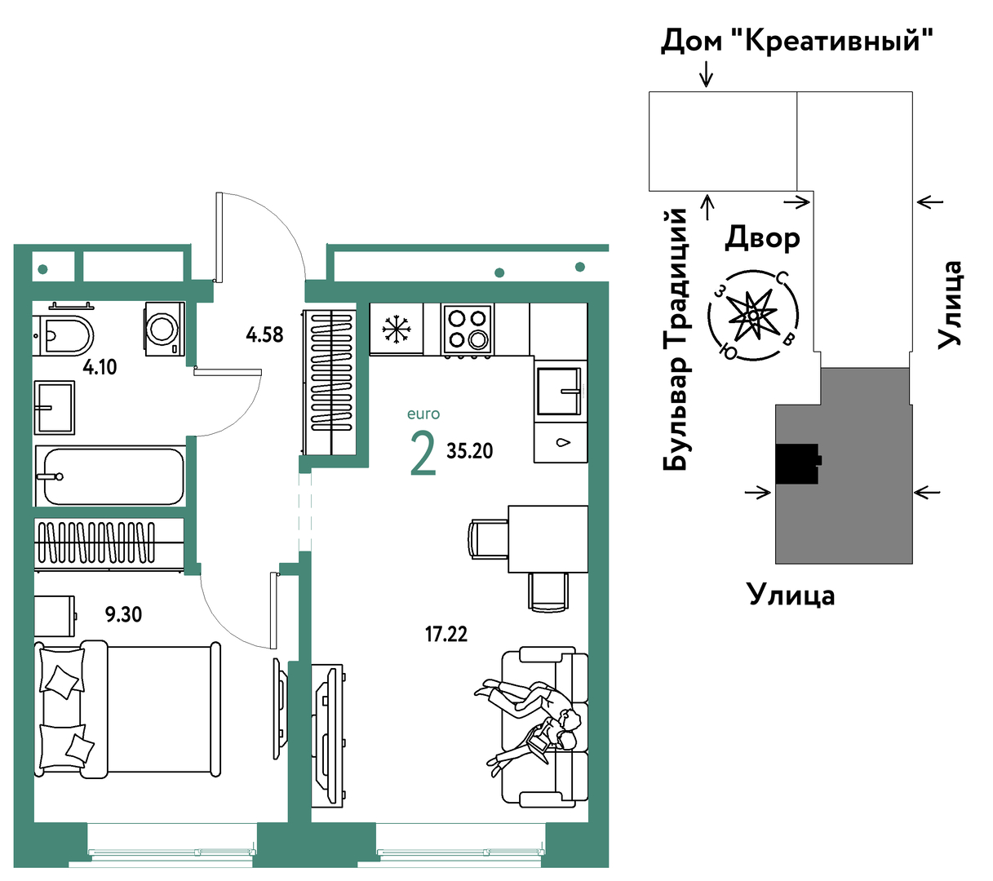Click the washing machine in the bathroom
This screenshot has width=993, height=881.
point(164,328)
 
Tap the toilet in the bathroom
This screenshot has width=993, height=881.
point(64,335)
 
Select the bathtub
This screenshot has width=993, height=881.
point(110,476)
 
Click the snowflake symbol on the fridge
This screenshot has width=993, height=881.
point(396,328)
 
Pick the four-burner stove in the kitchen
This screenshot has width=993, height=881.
point(467,329)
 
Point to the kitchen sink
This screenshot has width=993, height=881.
point(559,391)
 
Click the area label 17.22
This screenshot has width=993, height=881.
point(446,635)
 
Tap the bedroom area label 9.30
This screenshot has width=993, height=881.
point(123,614)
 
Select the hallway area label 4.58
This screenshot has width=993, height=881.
point(264,334)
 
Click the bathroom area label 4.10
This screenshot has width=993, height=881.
point(100,367)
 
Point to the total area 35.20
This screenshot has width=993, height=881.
point(469,451)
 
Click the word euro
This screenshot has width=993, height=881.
point(423,414)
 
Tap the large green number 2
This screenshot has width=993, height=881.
point(423,454)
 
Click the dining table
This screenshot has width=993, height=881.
point(547,539)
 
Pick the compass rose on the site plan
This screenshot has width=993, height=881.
point(753,316)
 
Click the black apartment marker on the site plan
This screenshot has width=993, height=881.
point(797,463)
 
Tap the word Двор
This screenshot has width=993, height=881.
point(762,239)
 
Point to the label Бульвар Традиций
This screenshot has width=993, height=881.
point(675,339)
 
